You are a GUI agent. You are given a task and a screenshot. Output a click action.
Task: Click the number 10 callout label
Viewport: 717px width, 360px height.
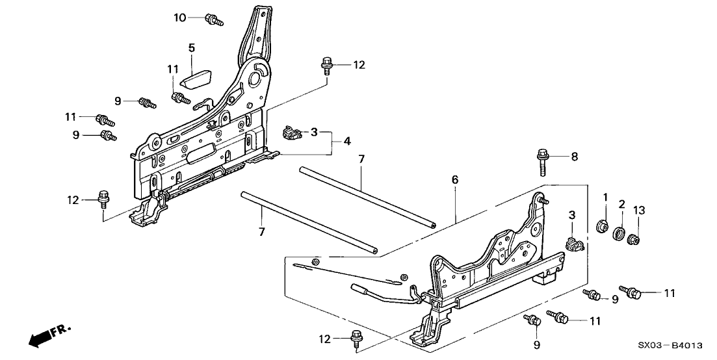[179, 17]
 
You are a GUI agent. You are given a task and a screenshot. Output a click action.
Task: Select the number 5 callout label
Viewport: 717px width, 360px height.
[192, 47]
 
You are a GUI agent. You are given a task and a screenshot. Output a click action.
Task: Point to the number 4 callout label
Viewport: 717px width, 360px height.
[348, 141]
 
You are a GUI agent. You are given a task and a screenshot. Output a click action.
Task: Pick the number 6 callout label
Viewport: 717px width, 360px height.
[455, 179]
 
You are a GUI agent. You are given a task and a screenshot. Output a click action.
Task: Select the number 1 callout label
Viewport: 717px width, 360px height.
[605, 197]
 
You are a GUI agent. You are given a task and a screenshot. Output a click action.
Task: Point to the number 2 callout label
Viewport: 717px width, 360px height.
[621, 204]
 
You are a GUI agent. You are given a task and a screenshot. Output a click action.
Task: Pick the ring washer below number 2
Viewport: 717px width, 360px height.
[621, 233]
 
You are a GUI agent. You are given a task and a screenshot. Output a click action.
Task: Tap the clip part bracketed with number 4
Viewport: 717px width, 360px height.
[292, 134]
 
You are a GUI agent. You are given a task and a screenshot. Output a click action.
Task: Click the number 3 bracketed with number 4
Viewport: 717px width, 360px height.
[314, 133]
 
